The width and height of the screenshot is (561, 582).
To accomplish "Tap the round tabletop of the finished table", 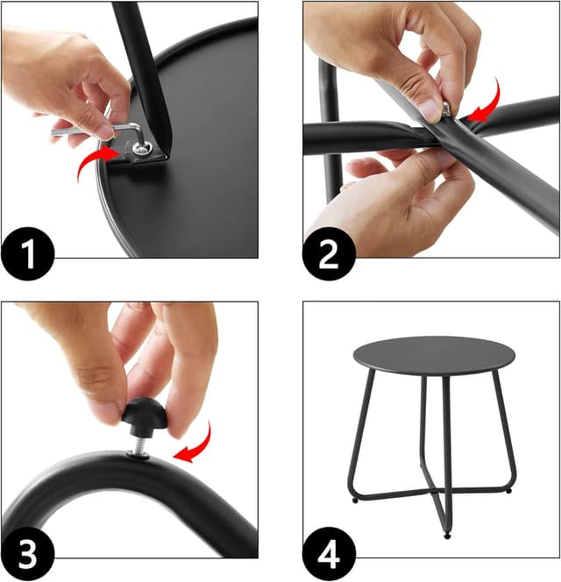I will tap(433, 355).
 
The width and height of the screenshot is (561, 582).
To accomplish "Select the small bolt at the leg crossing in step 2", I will tap(446, 109).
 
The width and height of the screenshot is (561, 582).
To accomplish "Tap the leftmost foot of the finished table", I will tap(354, 501).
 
